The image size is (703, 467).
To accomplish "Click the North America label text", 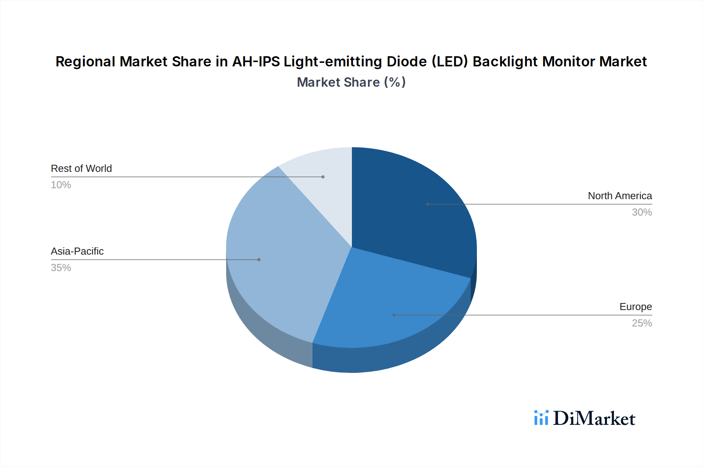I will click(620, 196).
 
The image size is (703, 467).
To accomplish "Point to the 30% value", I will click(642, 212).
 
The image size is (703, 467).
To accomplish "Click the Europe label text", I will click(635, 307).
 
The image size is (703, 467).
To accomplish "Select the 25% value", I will click(642, 323).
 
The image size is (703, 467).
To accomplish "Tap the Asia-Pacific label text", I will click(77, 251).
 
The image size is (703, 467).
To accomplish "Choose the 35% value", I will click(61, 268).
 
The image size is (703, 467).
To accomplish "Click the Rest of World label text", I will click(81, 168).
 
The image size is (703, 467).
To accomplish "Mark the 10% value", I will click(61, 185).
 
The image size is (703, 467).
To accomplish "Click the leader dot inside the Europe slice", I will click(394, 315).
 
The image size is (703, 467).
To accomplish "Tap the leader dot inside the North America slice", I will click(428, 204).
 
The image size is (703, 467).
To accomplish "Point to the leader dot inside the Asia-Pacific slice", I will click(259, 260).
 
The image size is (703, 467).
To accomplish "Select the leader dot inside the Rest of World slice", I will click(323, 177).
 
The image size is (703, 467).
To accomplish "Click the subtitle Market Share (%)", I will click(351, 82).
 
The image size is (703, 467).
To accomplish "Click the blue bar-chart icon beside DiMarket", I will click(541, 418).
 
